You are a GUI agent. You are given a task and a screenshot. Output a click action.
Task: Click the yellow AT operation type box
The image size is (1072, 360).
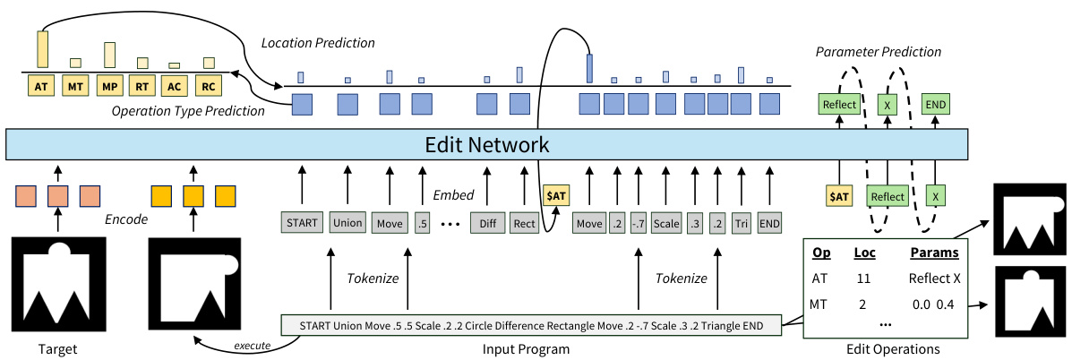click(40, 88)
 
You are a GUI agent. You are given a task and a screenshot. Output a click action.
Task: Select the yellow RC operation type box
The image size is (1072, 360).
click(207, 88)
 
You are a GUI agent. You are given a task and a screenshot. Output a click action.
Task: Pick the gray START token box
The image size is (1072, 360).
click(301, 222)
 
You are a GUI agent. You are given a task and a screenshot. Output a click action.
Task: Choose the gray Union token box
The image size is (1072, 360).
click(347, 222)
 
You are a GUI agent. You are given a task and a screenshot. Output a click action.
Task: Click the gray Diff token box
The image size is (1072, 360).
click(487, 222)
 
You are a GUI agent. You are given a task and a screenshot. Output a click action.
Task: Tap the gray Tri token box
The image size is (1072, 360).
click(741, 222)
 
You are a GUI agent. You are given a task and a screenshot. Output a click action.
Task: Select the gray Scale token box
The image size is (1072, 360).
click(665, 222)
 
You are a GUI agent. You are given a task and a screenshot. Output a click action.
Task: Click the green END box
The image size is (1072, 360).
click(935, 104)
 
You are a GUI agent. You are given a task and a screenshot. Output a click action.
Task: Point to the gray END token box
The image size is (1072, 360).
click(769, 222)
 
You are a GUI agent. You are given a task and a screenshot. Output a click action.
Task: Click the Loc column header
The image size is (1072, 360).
click(864, 254)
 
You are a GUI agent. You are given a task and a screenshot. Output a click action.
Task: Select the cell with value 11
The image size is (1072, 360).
click(863, 279)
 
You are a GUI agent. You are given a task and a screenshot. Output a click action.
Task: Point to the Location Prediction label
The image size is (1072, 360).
click(318, 43)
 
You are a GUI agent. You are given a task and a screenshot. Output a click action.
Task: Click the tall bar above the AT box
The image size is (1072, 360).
click(41, 48)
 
